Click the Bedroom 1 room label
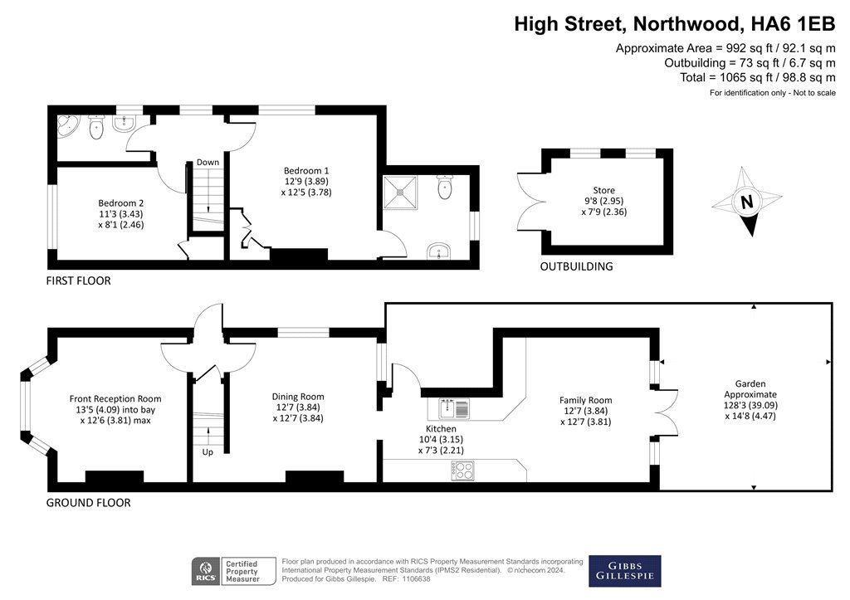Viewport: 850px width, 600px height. pos(306,171)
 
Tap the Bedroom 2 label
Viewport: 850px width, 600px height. pos(121,203)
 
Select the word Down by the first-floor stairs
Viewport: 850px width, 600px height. pos(208,162)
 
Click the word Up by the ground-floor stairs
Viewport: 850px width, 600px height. pos(208,452)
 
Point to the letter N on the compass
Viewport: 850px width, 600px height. pos(747,202)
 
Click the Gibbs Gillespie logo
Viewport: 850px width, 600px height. pos(625,571)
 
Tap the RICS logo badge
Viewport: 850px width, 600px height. pos(206,571)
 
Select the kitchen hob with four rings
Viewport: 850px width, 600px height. pos(463,471)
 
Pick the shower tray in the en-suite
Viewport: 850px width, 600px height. pos(401,193)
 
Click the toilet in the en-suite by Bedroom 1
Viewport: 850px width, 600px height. pos(445,187)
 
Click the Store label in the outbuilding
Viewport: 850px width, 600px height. pos(604,190)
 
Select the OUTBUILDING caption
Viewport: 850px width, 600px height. pos(576,266)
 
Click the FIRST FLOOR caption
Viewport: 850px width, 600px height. pos(78,280)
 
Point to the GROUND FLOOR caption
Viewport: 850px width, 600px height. pos(88,502)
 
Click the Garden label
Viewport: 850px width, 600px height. pos(750,383)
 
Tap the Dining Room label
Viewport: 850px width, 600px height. pos(298,397)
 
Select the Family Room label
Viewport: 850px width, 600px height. pos(585,400)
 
